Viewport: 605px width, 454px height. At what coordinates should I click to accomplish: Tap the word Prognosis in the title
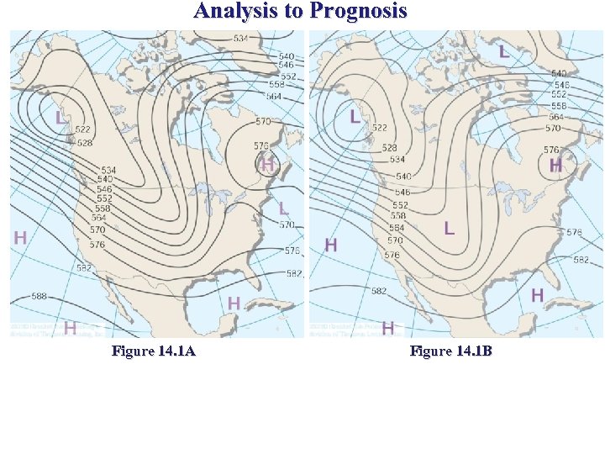359,11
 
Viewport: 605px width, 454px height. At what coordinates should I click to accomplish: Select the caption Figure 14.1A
154,351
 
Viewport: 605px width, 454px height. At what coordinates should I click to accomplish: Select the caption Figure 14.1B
451,351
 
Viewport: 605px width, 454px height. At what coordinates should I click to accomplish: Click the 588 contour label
39,296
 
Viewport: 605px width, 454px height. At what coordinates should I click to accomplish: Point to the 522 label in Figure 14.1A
82,129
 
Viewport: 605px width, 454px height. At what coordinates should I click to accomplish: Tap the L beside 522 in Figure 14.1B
355,116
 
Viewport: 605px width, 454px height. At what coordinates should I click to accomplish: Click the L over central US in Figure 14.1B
450,228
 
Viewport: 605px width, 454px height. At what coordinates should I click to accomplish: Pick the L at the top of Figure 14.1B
503,52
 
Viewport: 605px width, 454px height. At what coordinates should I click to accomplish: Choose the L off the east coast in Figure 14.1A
283,207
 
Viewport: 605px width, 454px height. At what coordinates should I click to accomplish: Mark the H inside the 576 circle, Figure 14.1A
267,165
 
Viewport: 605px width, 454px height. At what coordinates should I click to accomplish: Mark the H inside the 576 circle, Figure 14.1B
555,166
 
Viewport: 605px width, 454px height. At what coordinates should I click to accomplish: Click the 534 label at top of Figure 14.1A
240,39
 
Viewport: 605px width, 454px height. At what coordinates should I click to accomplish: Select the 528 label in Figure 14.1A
85,143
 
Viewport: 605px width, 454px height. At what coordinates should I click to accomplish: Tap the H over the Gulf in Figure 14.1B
537,294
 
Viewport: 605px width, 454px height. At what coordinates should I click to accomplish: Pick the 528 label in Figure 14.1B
389,148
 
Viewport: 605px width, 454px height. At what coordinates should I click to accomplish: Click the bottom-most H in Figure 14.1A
71,327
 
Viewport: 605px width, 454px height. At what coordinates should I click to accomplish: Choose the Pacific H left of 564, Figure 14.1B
331,245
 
